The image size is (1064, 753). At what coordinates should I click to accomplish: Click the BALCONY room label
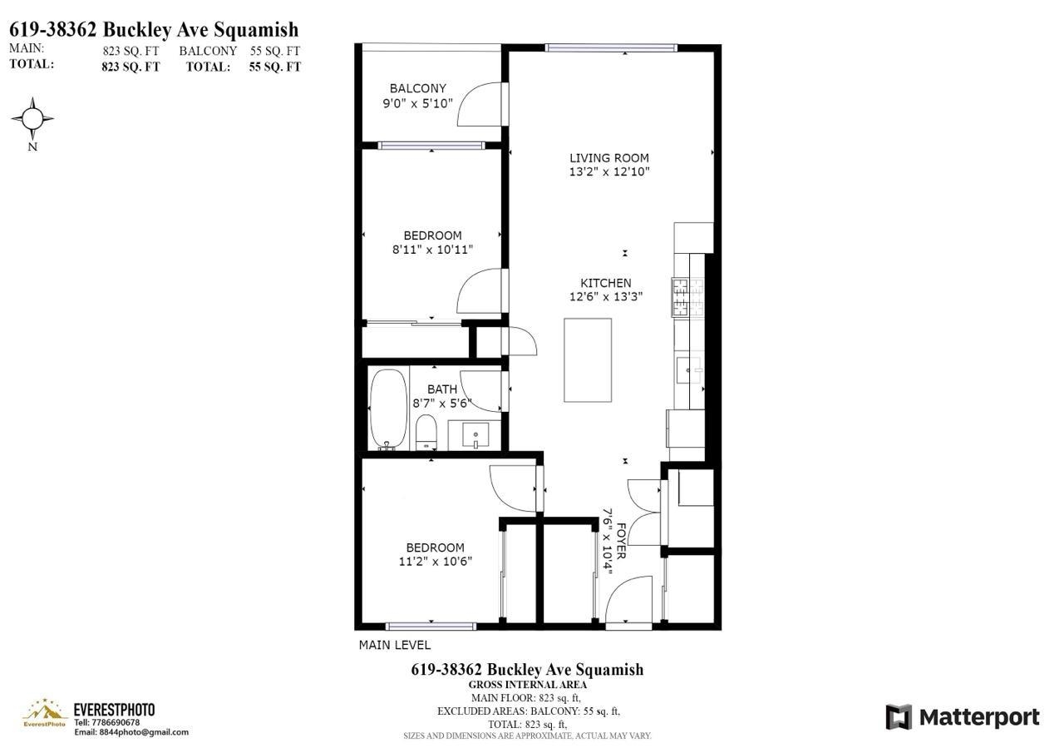[x=417, y=88]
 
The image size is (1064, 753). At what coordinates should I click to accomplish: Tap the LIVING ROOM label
[x=608, y=158]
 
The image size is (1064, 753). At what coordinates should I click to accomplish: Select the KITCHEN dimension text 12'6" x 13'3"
[x=605, y=296]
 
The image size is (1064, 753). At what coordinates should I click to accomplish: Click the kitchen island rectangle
[x=588, y=360]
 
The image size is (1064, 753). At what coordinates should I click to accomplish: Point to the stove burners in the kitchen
[x=687, y=298]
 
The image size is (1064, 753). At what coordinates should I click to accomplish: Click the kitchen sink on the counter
[x=689, y=369]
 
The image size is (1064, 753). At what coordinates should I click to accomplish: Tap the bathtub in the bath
[x=388, y=409]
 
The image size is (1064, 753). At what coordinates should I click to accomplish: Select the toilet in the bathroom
[x=426, y=431]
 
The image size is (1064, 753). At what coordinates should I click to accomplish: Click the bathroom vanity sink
[x=474, y=433]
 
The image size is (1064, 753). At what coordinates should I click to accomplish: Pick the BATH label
[x=441, y=389]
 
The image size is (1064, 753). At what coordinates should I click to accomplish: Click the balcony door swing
[x=481, y=104]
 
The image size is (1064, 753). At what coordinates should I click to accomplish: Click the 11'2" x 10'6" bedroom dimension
[x=435, y=561]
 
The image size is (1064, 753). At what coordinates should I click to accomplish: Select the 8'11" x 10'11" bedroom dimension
[x=432, y=249]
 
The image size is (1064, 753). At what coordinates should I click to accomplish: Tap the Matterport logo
[x=962, y=717]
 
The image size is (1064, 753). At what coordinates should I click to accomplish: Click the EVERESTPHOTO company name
[x=114, y=710]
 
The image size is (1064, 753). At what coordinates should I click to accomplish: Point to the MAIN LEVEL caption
[x=395, y=645]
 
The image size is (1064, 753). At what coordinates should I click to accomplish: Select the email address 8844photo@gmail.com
[x=131, y=732]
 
